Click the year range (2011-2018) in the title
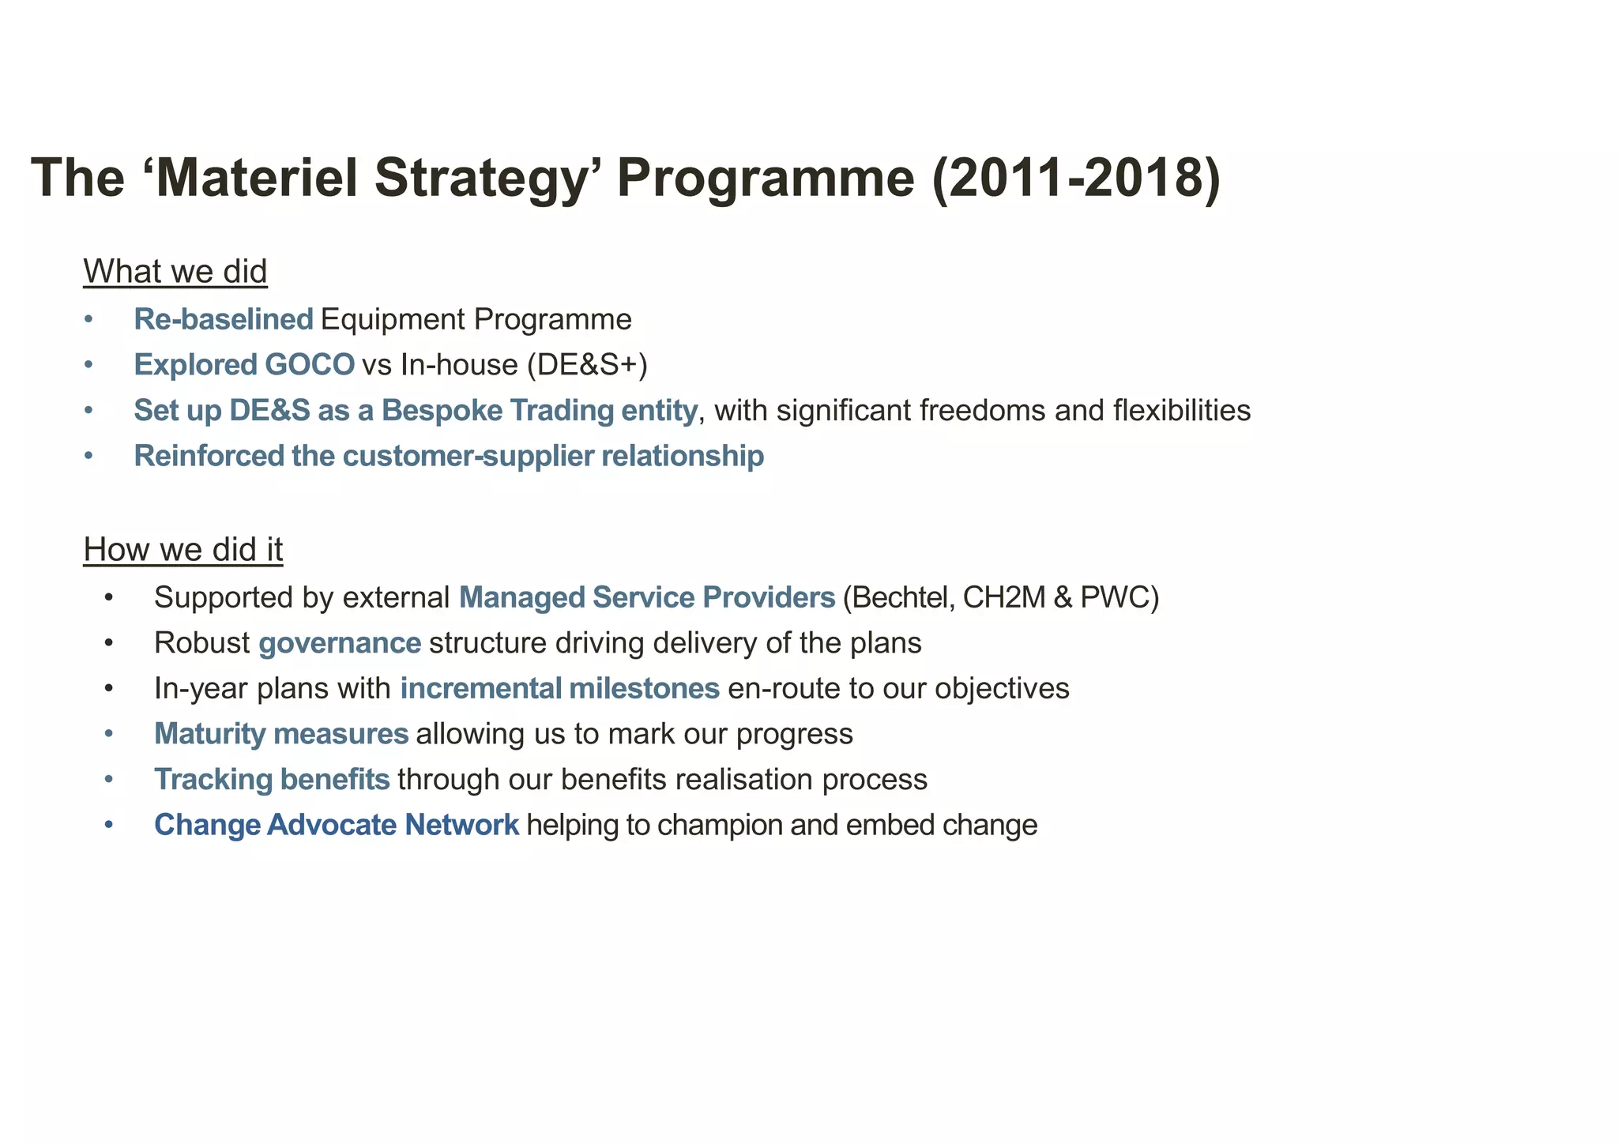(x=1076, y=178)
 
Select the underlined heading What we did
(x=175, y=272)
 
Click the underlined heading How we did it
(x=183, y=550)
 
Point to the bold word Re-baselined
(x=224, y=320)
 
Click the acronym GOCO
(x=310, y=365)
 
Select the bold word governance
(x=340, y=644)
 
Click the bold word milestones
(x=644, y=689)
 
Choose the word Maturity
(x=210, y=735)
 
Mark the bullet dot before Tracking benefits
(x=109, y=780)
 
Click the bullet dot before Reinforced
(x=88, y=457)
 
